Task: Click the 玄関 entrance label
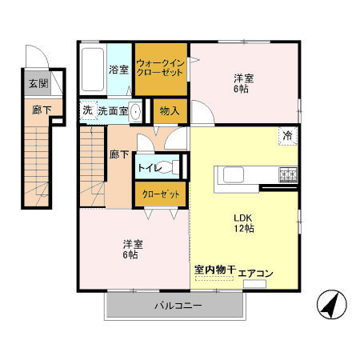click(38, 83)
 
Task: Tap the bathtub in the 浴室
click(93, 70)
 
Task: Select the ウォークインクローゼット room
click(161, 70)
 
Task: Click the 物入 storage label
click(170, 110)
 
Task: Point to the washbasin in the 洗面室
click(135, 111)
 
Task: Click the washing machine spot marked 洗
click(87, 110)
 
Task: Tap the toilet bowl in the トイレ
click(166, 167)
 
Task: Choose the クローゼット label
click(161, 194)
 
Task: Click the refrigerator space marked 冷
click(287, 136)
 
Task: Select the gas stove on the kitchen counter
click(288, 174)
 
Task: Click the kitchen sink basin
click(234, 174)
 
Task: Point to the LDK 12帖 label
click(244, 223)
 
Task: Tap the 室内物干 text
click(214, 270)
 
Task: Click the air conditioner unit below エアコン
click(254, 284)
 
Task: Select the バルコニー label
click(178, 306)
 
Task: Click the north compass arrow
click(330, 306)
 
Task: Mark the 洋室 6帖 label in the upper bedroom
click(243, 83)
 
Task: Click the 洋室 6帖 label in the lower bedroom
click(133, 249)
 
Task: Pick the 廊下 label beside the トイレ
click(119, 154)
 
